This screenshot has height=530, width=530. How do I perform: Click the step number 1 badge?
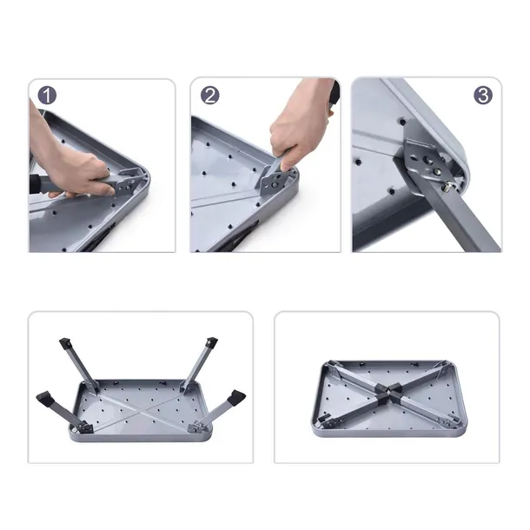tap(47, 96)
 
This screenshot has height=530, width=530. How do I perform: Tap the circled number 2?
tap(210, 95)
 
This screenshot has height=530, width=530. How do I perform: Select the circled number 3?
tap(483, 95)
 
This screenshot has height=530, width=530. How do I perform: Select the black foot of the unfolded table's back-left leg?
tap(65, 344)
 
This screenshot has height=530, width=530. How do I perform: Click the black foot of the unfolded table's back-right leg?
tap(211, 342)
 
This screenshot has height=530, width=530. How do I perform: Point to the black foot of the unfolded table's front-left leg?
tap(46, 399)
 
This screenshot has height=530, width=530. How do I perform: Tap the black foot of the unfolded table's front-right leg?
tap(237, 396)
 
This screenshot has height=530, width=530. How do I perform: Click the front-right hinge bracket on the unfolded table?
tap(196, 427)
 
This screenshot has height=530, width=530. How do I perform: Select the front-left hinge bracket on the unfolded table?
tap(85, 428)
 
